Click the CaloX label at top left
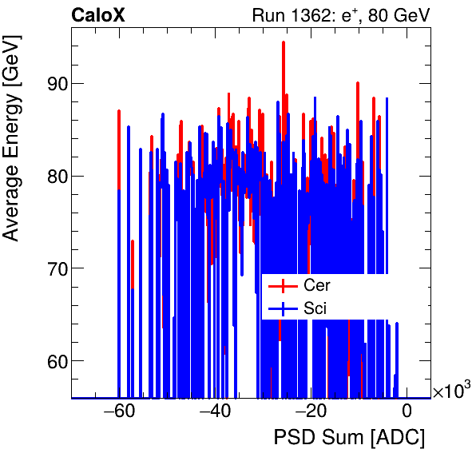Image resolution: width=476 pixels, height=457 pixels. click(x=98, y=14)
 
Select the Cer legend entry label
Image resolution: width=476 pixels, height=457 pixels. click(x=317, y=285)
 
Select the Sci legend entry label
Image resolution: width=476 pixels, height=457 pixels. click(x=315, y=308)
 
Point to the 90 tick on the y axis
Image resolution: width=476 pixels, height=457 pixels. click(x=53, y=83)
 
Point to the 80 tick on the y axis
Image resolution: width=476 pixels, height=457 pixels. click(x=53, y=176)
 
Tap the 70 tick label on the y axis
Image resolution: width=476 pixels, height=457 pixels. click(x=53, y=268)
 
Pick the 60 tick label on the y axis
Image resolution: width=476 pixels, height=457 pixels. click(x=53, y=361)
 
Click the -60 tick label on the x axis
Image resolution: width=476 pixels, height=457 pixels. click(x=119, y=411)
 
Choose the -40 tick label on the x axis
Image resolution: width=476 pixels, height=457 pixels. click(x=215, y=411)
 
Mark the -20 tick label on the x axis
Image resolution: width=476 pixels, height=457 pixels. click(x=311, y=411)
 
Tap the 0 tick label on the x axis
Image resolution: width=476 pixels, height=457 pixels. click(x=407, y=411)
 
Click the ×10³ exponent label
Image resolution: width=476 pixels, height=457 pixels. click(x=451, y=391)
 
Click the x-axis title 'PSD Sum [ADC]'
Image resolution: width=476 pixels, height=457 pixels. click(x=349, y=438)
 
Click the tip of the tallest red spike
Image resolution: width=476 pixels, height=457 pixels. click(x=283, y=42)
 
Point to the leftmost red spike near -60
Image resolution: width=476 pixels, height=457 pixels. click(x=119, y=112)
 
